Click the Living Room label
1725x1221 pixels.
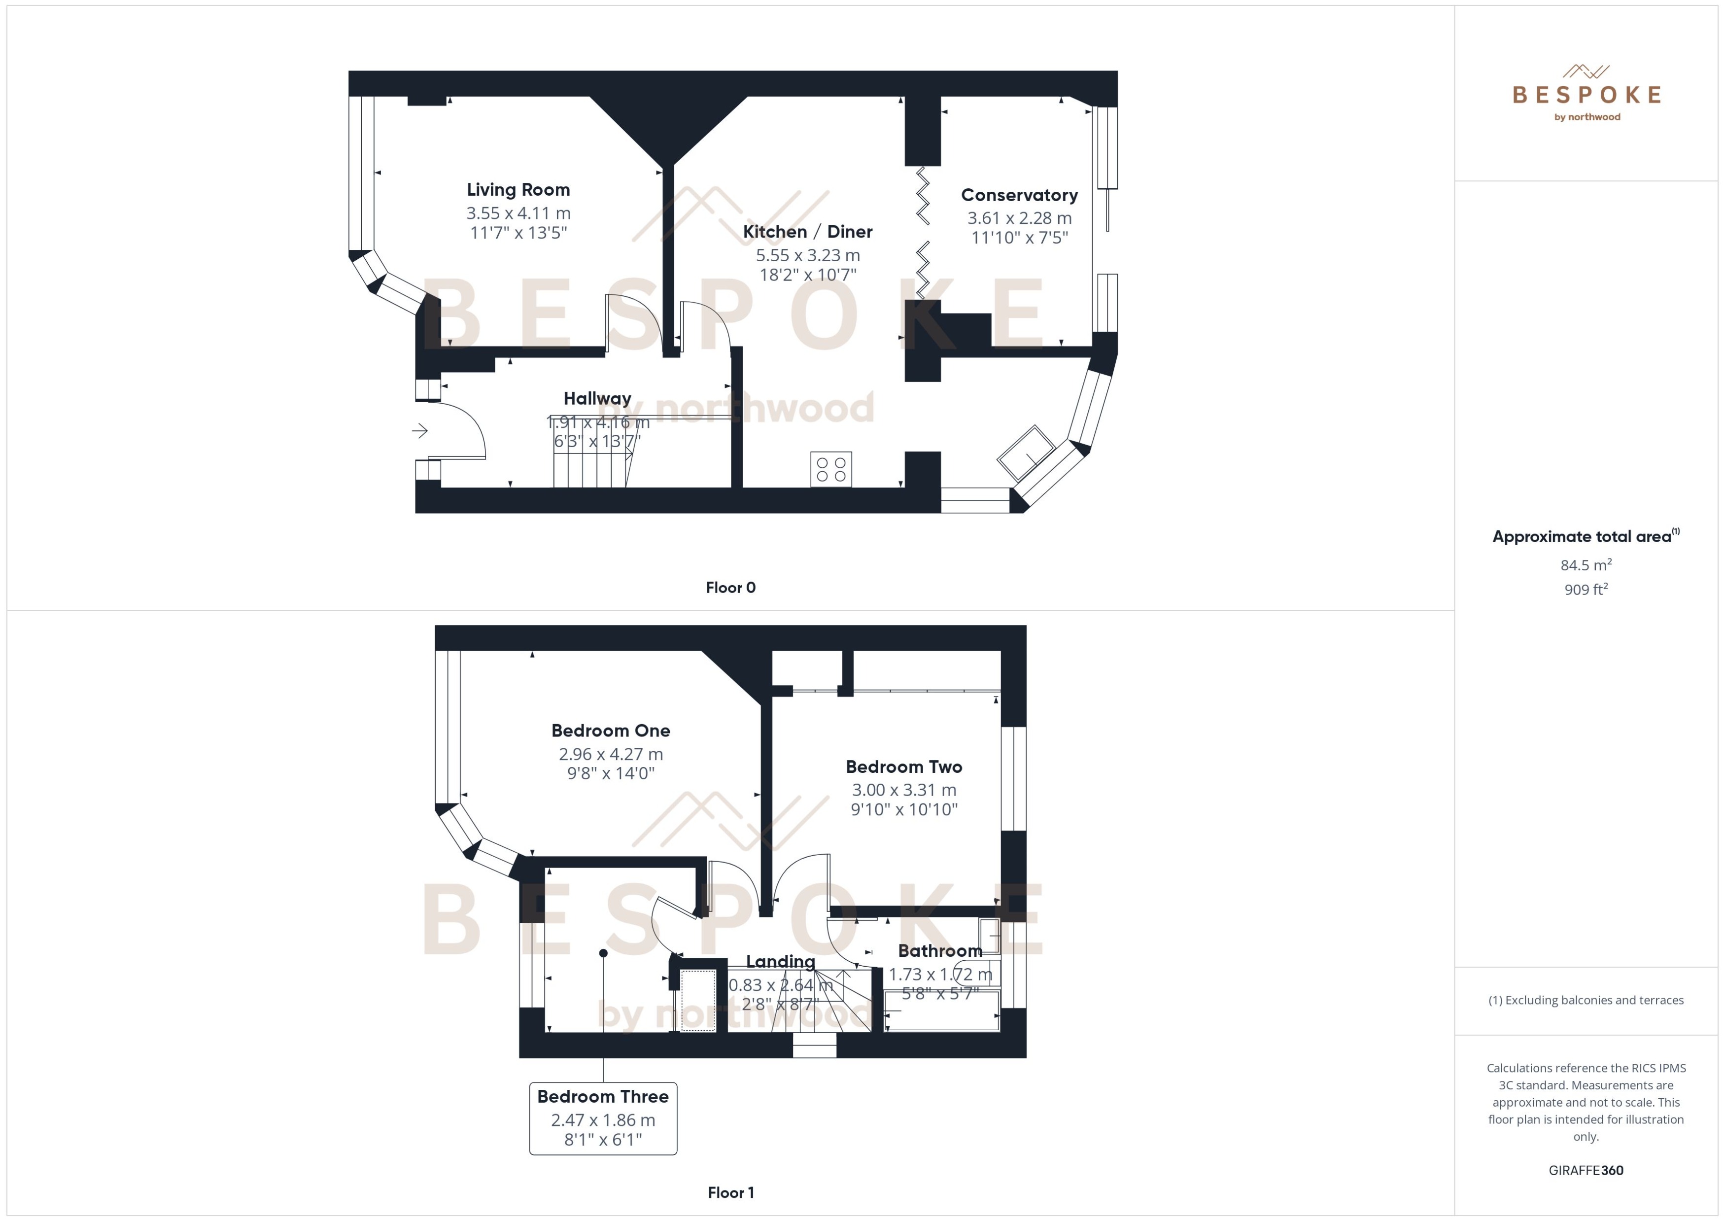518,189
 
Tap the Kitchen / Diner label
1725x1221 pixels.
807,232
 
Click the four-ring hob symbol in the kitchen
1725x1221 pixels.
830,469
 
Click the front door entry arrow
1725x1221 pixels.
419,431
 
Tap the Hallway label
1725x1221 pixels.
597,398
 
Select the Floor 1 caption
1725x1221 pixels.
730,1192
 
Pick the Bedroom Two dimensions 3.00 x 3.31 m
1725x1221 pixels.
903,790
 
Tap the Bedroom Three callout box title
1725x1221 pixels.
602,1096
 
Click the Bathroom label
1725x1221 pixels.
939,951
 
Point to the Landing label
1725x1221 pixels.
780,962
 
